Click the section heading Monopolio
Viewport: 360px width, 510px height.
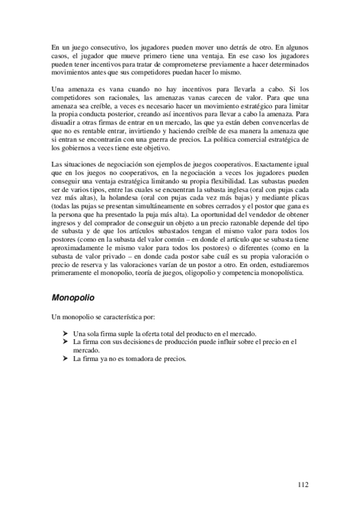coord(74,297)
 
